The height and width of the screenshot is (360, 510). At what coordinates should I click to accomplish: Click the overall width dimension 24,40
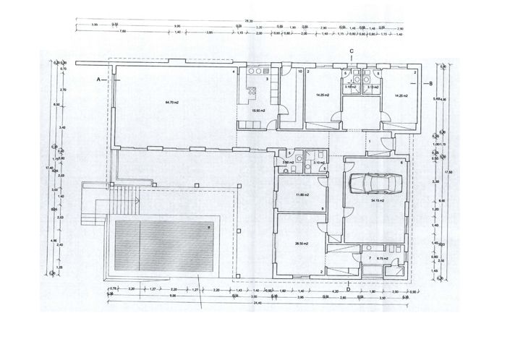click(x=258, y=302)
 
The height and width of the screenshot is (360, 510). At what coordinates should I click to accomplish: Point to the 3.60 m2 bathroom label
click(x=289, y=163)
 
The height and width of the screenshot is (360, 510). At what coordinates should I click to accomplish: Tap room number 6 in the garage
click(x=400, y=163)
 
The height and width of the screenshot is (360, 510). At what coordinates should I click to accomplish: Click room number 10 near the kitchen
click(x=300, y=72)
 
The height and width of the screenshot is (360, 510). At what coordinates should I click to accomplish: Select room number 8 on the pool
click(x=210, y=228)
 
